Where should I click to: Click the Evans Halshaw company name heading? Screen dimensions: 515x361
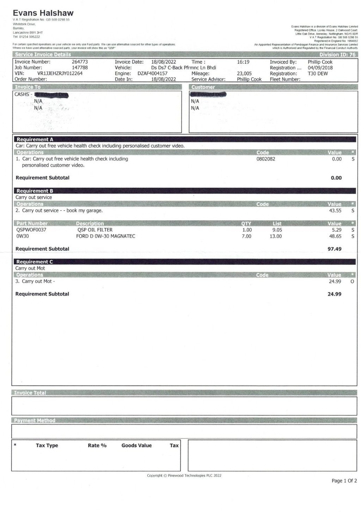[43, 13]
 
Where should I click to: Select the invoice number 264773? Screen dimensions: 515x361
[80, 62]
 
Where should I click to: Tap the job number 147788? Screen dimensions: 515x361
[80, 68]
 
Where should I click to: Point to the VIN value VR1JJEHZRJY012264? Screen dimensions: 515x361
[60, 73]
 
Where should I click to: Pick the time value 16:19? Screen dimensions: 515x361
[243, 62]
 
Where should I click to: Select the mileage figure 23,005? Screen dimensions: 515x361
[244, 73]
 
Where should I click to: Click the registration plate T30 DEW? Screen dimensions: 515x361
[318, 73]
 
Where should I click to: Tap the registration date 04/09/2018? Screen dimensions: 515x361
[320, 68]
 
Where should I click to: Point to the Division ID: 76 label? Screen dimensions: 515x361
[337, 55]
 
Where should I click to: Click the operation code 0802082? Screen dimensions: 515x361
[266, 159]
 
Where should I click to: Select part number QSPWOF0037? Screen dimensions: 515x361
[31, 230]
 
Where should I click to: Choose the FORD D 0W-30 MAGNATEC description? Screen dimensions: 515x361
[106, 236]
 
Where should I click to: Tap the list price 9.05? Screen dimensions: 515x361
[277, 230]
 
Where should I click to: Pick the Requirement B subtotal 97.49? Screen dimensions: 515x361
[334, 249]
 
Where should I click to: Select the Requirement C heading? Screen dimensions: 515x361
[35, 262]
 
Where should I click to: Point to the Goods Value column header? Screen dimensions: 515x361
[136, 446]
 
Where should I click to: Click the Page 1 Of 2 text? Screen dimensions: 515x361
[344, 480]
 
